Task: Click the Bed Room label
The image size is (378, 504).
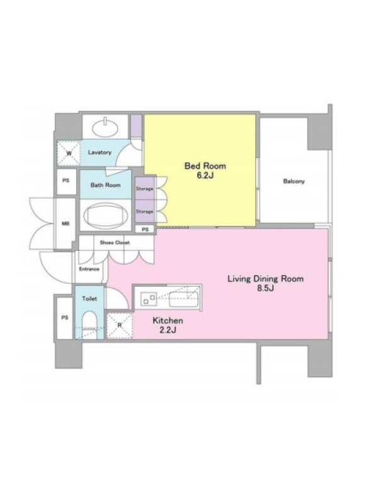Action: coord(205,166)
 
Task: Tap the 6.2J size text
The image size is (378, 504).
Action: coord(205,176)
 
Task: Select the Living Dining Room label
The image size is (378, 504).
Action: coord(265,278)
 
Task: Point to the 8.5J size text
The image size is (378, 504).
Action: coord(265,289)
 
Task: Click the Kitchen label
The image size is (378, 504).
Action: coord(168,321)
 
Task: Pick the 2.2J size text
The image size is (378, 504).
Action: coord(168,329)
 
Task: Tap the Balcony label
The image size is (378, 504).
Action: coord(294,181)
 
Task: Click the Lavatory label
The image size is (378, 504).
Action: coord(100,152)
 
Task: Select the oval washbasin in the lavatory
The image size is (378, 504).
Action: coord(105,127)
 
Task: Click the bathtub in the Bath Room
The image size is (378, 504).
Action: coord(105,215)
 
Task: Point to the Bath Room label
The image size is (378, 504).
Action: coord(105,185)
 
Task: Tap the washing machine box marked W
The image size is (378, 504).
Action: coord(69,153)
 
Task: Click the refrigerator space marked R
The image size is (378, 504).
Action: coord(119,325)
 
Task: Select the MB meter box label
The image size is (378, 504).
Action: coord(66,224)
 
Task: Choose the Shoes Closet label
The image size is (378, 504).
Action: coord(115,243)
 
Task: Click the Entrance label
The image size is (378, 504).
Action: coord(89,269)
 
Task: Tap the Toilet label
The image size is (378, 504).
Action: coord(89,299)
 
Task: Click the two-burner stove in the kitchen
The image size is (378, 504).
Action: coord(149,299)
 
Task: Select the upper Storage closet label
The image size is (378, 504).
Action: coord(144,188)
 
